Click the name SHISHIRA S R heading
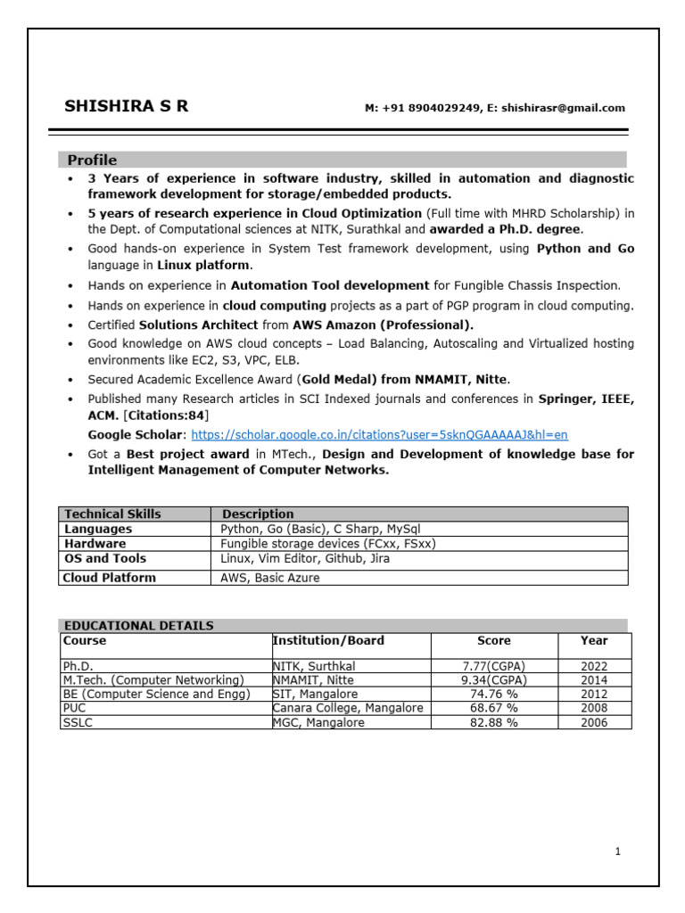click(x=126, y=107)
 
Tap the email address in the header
click(x=563, y=108)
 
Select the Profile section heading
click(x=92, y=160)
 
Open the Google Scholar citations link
click(x=379, y=435)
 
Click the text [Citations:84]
click(x=164, y=416)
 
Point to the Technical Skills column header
click(x=112, y=514)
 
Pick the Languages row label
click(x=98, y=529)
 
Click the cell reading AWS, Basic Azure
click(x=270, y=578)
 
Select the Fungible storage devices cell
click(x=328, y=543)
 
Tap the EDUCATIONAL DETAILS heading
click(x=137, y=626)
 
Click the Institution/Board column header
click(x=328, y=640)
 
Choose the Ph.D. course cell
click(x=78, y=666)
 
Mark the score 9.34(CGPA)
click(x=493, y=680)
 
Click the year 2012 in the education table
click(x=593, y=695)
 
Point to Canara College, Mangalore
click(x=347, y=709)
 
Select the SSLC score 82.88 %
click(x=493, y=723)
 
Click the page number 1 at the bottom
click(x=617, y=851)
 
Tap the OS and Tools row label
click(x=105, y=558)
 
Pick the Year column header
click(x=593, y=640)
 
